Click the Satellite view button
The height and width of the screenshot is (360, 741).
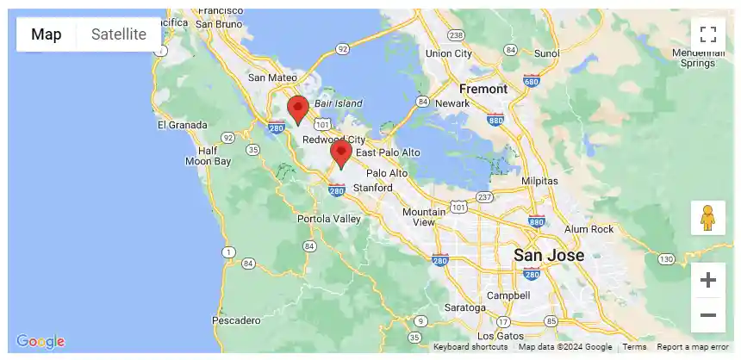coord(119,34)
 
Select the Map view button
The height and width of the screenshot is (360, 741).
coord(47,34)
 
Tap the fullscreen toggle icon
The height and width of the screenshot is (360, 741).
coord(708,34)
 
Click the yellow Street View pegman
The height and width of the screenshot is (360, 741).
coord(708,218)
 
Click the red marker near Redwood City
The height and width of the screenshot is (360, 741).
coord(298,110)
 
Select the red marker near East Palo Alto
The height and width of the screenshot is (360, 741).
coord(341,153)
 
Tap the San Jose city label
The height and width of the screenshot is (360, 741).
coord(549,256)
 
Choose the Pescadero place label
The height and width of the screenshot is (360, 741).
coord(236,320)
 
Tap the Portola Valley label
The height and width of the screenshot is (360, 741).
coord(329,219)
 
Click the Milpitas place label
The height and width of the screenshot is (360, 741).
coord(540,181)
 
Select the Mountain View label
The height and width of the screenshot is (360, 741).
coord(424,217)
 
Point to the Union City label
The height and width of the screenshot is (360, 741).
coord(449,53)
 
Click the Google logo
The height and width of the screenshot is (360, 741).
coord(40,341)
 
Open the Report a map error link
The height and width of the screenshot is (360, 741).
coord(693,347)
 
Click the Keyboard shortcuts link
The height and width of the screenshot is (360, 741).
coord(470,347)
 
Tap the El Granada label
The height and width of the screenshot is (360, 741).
coord(182,125)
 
